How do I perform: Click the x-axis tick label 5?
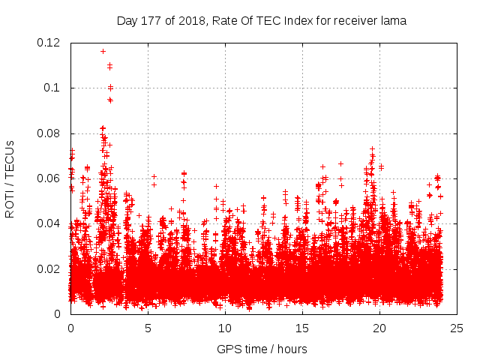(x=148, y=328)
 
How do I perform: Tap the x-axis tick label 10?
(x=225, y=328)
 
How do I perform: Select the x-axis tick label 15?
(x=302, y=328)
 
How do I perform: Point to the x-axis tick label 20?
(x=379, y=328)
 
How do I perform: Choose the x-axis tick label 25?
(x=457, y=328)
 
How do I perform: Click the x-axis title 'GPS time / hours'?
(x=262, y=349)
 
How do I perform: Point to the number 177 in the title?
(x=151, y=21)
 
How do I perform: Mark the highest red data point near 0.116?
(x=103, y=51)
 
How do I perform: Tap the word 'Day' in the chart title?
(x=127, y=21)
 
